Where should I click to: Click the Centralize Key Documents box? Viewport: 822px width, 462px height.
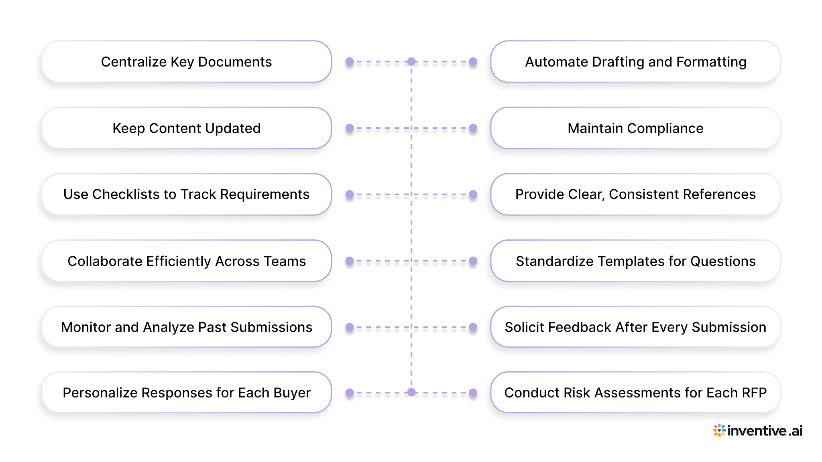coord(187,62)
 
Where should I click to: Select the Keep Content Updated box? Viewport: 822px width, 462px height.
coord(187,128)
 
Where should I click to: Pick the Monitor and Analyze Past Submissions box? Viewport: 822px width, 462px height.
coord(187,327)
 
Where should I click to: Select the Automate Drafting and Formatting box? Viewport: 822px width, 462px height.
coord(635,62)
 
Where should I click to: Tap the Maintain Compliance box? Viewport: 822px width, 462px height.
coord(635,128)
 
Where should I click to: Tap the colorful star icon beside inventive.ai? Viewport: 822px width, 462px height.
coord(719,430)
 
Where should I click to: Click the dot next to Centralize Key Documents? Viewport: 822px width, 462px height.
coord(350,62)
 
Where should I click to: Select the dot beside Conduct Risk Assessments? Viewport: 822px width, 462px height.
coord(473,393)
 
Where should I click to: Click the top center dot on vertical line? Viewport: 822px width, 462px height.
coord(411,62)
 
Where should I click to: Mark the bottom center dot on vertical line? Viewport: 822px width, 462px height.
coord(411,393)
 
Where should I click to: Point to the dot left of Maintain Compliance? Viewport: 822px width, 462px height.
coord(473,128)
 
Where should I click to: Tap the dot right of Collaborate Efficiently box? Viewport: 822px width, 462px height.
coord(350,261)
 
